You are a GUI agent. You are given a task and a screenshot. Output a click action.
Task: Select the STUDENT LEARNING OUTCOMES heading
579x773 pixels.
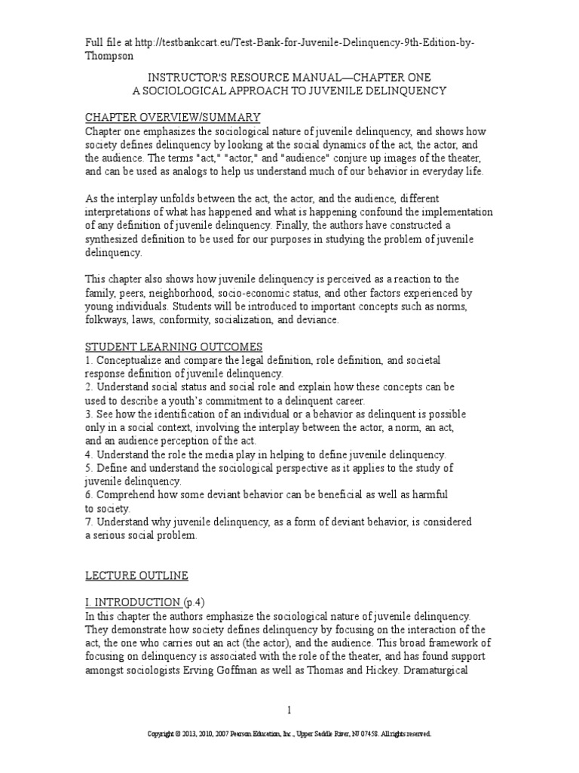coord(173,346)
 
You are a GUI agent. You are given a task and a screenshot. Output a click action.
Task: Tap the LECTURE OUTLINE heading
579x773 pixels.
coord(136,576)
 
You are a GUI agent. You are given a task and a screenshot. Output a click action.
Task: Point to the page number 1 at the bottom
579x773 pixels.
coord(289,710)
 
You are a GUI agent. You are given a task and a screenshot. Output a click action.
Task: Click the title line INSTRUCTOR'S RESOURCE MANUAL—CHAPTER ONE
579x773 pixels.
coord(289,77)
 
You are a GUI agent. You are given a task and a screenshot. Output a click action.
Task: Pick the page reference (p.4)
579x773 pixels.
coord(194,602)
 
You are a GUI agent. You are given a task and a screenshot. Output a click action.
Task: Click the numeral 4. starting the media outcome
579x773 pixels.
coord(88,454)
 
